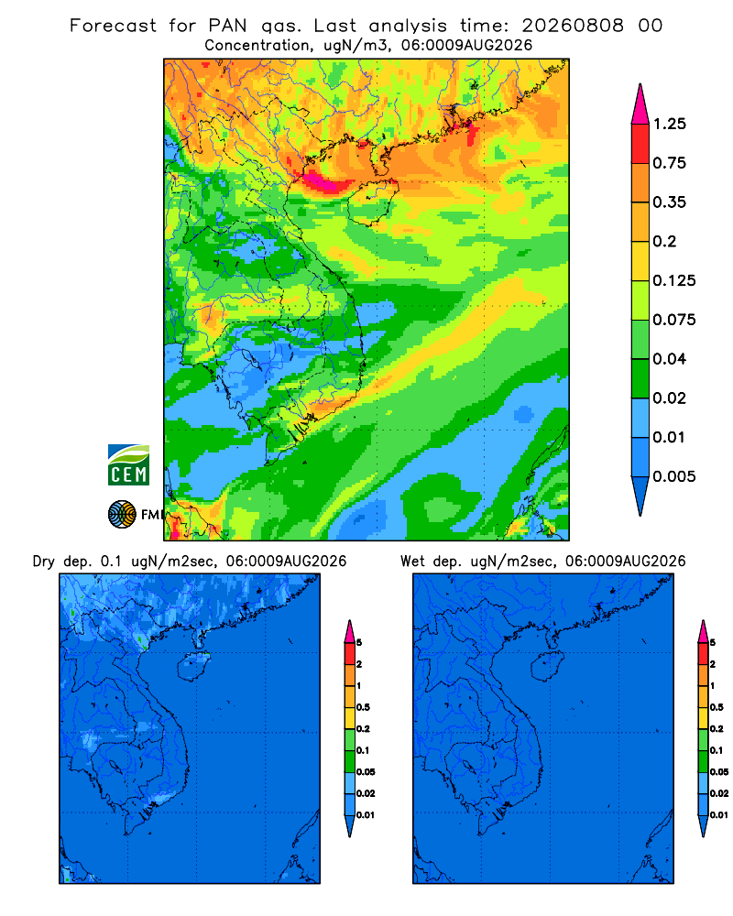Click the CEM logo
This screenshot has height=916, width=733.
click(128, 464)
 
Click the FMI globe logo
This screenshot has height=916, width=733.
click(122, 515)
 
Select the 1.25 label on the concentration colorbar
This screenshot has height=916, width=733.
click(669, 124)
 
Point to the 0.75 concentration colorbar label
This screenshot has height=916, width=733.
click(669, 163)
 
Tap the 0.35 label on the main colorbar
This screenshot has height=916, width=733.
click(669, 202)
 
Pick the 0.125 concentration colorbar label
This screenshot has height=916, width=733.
click(674, 280)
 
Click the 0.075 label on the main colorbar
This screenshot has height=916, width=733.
click(674, 320)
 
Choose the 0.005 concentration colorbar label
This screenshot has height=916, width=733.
click(674, 476)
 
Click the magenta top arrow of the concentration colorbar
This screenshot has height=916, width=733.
click(640, 105)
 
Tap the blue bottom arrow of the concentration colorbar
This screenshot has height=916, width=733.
click(640, 495)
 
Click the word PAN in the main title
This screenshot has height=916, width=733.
click(227, 26)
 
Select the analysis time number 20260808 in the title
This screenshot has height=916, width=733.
click(573, 26)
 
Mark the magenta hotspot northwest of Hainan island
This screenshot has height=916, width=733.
click(323, 180)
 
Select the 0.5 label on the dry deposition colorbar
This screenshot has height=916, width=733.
click(363, 707)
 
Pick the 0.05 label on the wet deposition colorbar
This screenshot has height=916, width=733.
click(719, 771)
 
